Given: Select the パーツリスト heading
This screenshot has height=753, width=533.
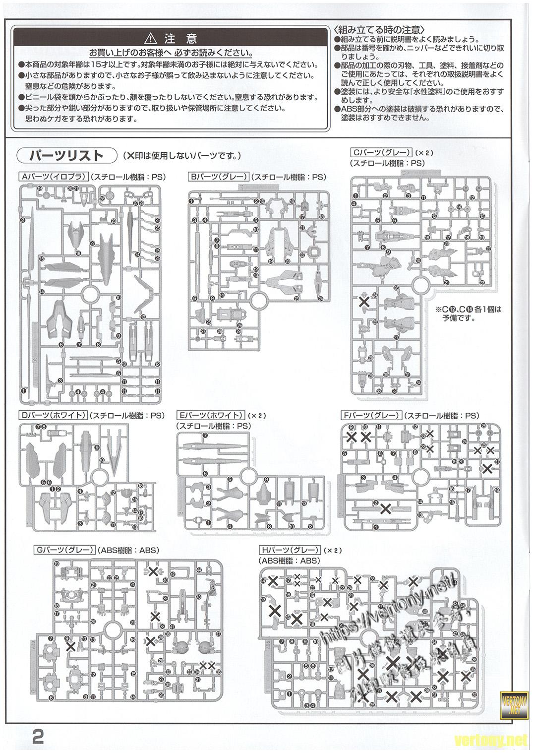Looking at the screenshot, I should pos(65,155).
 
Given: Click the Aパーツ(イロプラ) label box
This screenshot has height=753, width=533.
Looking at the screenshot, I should pos(53,176).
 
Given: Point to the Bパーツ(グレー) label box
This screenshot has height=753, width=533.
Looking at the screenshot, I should pos(218,176).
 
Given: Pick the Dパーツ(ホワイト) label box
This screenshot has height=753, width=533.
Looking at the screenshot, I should pos(53,415).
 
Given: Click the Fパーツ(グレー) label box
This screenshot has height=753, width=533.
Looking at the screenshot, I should pos(371,415).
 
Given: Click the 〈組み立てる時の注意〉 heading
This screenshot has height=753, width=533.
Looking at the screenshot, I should pos(379,29).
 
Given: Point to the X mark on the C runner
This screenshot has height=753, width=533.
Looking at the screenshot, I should pos(364,301).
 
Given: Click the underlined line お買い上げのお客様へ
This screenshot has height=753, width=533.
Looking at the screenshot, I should pos(170,53).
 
